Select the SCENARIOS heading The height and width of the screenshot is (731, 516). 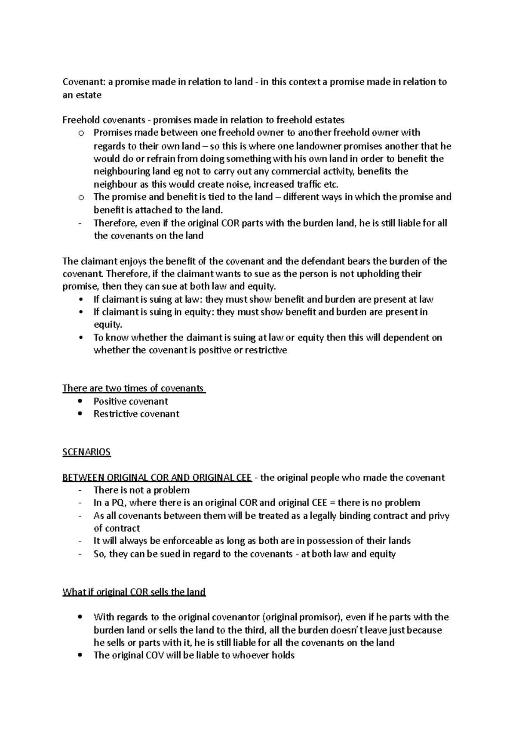pyautogui.click(x=86, y=452)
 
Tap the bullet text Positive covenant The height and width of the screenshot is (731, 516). pyautogui.click(x=131, y=401)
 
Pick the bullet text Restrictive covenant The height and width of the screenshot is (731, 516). pyautogui.click(x=136, y=414)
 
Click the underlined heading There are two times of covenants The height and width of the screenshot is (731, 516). pyautogui.click(x=133, y=388)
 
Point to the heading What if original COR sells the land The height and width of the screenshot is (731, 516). pyautogui.click(x=134, y=592)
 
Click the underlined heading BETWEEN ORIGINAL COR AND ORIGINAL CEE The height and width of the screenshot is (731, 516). pyautogui.click(x=157, y=477)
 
